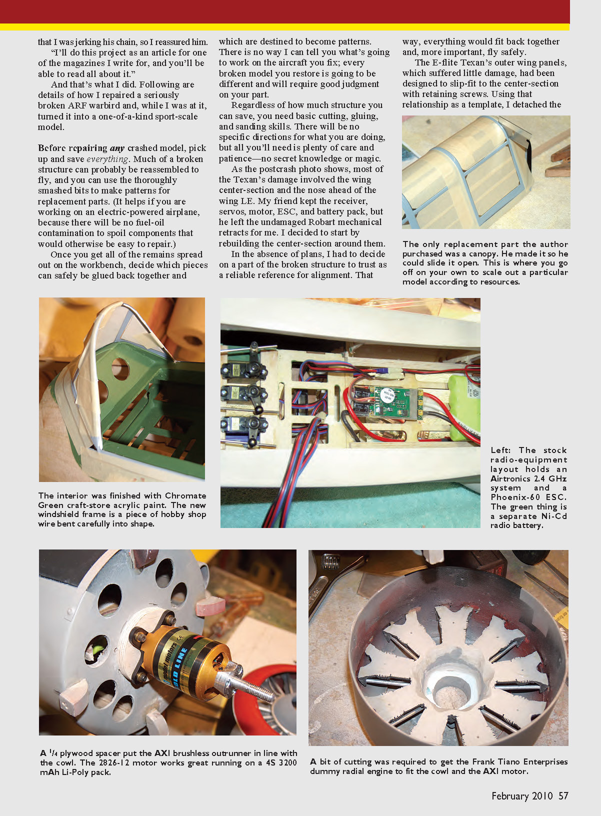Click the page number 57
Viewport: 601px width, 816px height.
(x=563, y=795)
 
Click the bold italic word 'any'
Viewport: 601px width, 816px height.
(x=117, y=148)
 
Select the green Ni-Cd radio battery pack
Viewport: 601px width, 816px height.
(x=464, y=407)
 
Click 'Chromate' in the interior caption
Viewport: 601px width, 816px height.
(x=185, y=496)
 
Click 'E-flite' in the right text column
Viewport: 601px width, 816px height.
(x=446, y=62)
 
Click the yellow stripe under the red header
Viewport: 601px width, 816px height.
(x=284, y=27)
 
